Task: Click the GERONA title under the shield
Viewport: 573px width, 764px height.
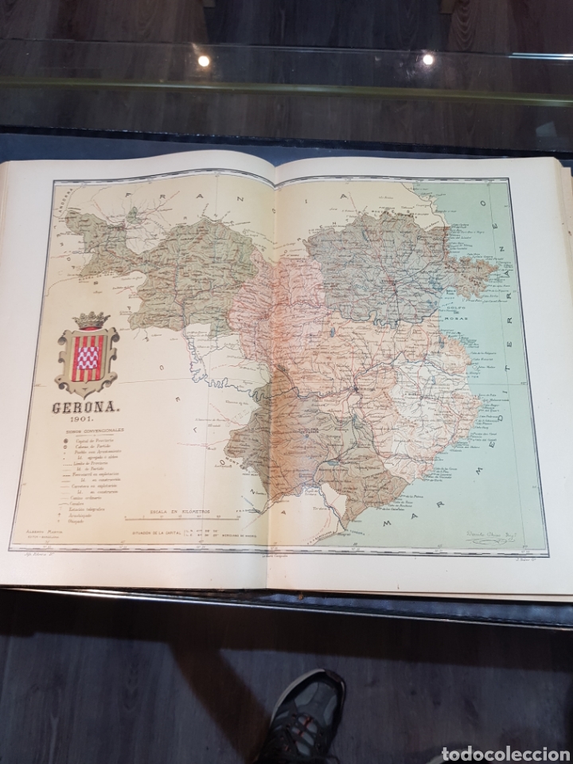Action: (87, 409)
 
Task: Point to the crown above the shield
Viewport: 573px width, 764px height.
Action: (90, 320)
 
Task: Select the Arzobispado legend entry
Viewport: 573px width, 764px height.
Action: (87, 513)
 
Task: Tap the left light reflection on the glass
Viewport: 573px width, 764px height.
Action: (204, 60)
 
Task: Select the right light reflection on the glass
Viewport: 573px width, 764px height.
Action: (427, 58)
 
